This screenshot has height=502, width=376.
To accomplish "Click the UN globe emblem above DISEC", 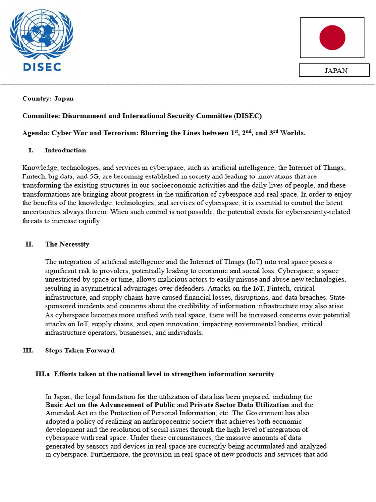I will pos(42,34).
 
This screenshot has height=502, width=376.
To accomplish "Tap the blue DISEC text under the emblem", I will pos(42,66).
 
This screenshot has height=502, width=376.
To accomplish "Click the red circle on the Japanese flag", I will pos(332,38).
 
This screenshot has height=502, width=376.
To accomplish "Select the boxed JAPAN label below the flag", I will pos(334,70).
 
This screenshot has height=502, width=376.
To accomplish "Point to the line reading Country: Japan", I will pos(48,99).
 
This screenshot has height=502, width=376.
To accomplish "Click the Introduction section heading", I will pos(65,151).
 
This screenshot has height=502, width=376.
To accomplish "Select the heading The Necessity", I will pos(67,244).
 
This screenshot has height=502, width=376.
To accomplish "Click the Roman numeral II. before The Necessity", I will pos(29,244).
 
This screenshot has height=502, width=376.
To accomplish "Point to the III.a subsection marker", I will pos(43,374).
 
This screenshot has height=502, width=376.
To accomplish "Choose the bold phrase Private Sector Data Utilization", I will pos(239,405).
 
